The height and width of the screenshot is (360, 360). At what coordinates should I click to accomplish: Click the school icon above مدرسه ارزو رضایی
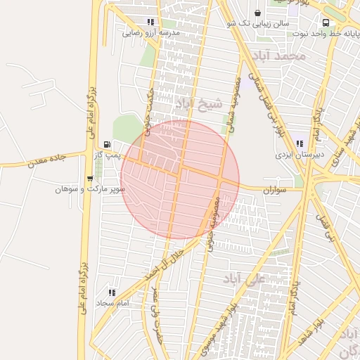point(151,22)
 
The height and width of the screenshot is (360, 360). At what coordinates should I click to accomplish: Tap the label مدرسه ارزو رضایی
point(152,33)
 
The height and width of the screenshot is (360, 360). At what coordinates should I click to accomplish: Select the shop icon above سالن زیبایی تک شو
point(257,13)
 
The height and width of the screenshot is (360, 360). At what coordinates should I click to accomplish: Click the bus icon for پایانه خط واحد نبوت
point(325,22)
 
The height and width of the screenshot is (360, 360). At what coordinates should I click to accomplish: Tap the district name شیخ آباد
point(198,104)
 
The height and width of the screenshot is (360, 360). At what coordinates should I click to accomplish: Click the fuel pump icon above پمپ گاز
point(106,144)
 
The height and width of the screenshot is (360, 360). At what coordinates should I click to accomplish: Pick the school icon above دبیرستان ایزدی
point(300,143)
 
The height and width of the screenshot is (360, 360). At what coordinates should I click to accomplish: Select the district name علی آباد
point(244,280)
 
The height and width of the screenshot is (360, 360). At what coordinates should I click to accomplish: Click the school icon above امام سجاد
point(112,292)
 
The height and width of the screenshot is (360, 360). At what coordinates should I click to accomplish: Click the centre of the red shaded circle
point(180,179)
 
